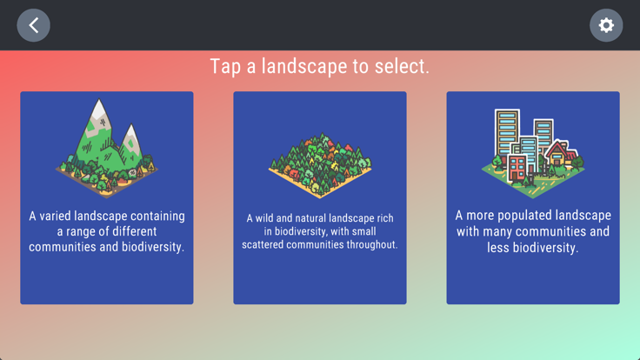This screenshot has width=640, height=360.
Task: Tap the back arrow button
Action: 33,25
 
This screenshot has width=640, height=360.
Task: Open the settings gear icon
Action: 606,25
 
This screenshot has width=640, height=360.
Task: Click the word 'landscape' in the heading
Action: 304,67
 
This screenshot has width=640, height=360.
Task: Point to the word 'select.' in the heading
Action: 402,66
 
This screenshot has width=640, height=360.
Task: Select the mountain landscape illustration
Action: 107,148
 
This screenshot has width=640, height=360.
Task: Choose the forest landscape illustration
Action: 320,165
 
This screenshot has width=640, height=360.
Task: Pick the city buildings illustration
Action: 533,153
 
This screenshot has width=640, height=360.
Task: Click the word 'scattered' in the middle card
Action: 263,244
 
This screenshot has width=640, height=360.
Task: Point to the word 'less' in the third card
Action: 497,248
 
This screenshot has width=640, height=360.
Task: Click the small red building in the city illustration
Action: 517,167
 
